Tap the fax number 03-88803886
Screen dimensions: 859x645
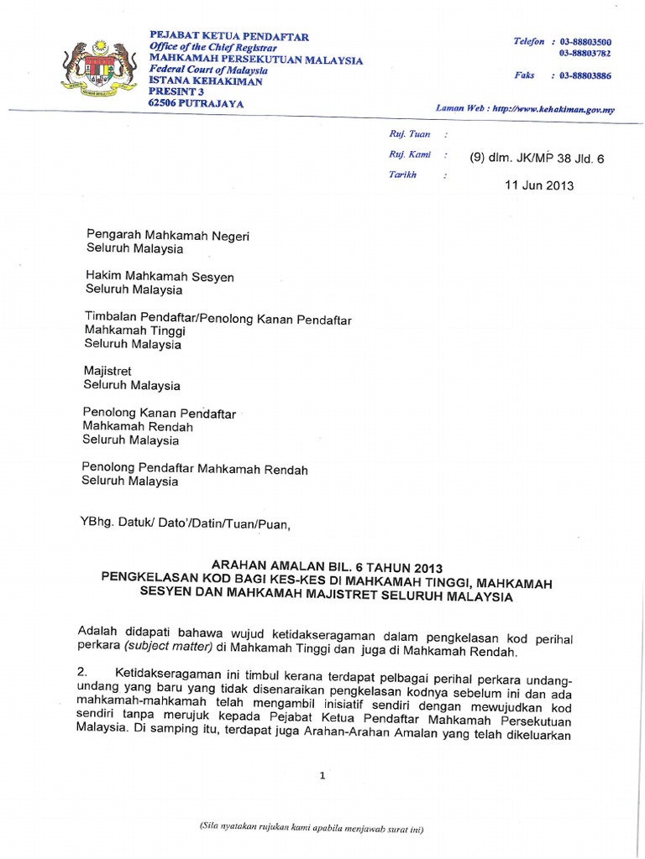tap(585, 75)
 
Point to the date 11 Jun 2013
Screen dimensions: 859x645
tap(539, 185)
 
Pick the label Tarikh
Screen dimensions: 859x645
tap(402, 174)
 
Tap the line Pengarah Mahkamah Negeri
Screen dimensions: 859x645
tap(168, 236)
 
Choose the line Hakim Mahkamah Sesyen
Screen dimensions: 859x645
tap(160, 277)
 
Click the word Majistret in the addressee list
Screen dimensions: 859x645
tap(108, 372)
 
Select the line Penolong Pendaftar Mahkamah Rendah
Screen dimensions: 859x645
tap(195, 468)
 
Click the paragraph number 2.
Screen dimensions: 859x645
tap(82, 673)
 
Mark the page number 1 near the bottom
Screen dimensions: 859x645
tap(322, 776)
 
